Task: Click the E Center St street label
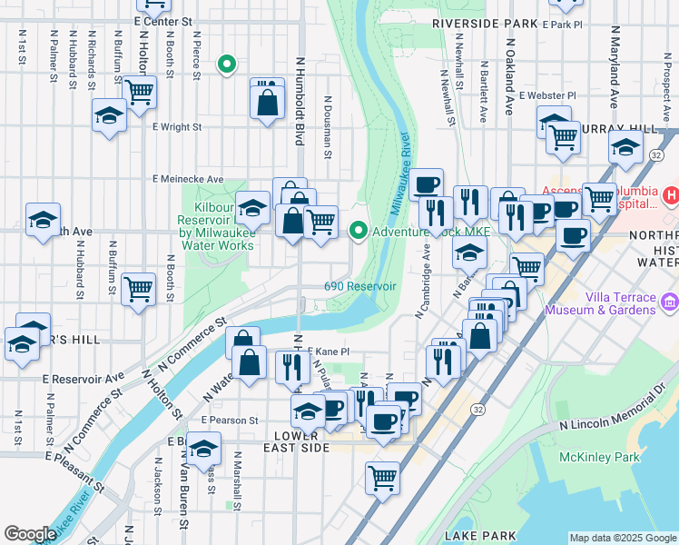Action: (x=163, y=20)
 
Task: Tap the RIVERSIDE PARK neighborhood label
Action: (x=486, y=22)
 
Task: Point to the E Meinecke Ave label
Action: (x=188, y=179)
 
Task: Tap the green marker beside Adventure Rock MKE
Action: (x=359, y=232)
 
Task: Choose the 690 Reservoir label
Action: (x=360, y=286)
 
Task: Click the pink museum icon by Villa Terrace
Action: (x=670, y=302)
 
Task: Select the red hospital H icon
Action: (x=670, y=194)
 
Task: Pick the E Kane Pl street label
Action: (x=328, y=352)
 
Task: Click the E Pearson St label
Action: (x=230, y=421)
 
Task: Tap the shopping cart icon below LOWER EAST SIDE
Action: (x=383, y=476)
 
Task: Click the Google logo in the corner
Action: (x=30, y=534)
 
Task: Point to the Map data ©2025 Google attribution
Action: (x=623, y=538)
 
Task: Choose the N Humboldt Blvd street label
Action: (x=299, y=100)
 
